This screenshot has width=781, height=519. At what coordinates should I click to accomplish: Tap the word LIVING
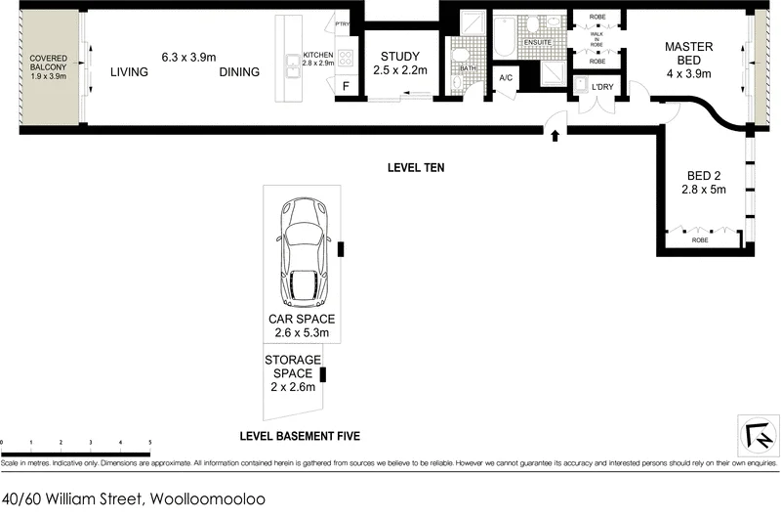coord(130,71)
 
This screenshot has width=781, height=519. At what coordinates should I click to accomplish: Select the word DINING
coord(239,71)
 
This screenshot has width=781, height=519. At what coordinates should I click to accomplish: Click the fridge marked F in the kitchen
coord(345,87)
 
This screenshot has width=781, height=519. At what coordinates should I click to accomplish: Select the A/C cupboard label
coord(506,77)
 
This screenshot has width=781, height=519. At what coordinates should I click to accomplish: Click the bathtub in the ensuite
coord(504,35)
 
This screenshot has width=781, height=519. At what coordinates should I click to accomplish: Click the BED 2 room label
coord(706,183)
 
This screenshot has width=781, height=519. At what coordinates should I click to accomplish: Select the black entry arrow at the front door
coord(555,136)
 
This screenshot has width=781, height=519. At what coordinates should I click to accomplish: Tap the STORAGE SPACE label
coord(292,373)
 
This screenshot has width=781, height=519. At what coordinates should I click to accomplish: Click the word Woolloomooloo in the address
coord(206,499)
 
